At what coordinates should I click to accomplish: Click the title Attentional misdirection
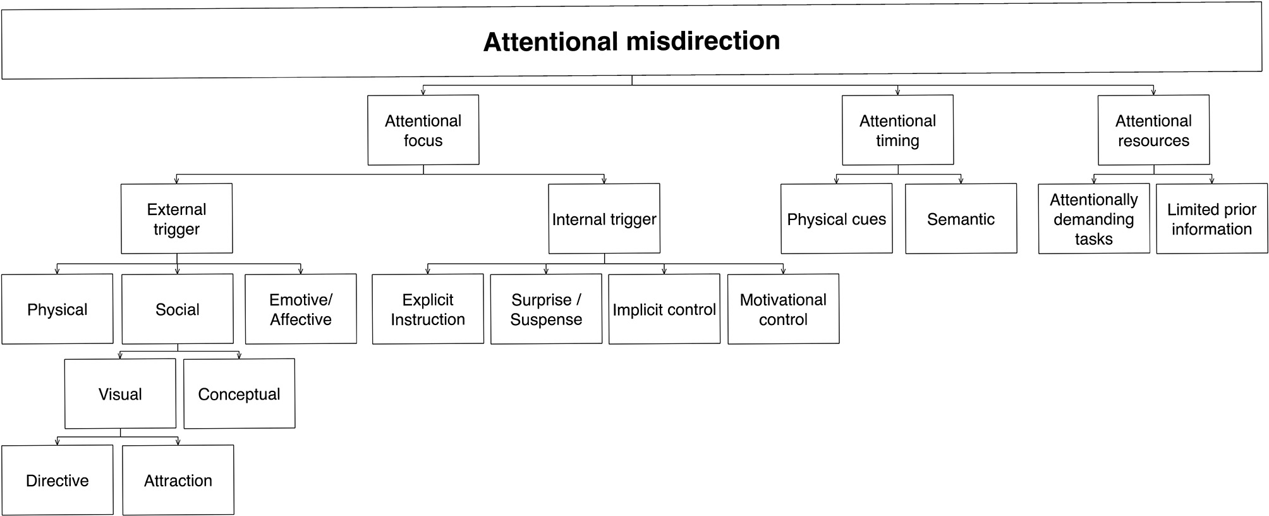point(632,42)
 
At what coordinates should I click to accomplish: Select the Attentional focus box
point(423,130)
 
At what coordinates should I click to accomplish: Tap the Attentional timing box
point(897,130)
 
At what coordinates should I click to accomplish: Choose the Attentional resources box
point(1153,130)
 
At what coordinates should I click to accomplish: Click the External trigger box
point(177,219)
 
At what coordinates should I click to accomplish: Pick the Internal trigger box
point(604,219)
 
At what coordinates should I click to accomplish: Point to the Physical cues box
point(837,219)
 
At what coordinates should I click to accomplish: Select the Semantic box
point(961,219)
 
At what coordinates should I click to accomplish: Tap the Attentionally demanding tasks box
point(1094,219)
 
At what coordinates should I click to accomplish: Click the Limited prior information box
point(1211,219)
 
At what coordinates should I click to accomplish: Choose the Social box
point(178,309)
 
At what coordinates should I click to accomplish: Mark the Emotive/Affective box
point(301,309)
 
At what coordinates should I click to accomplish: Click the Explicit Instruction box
point(428,309)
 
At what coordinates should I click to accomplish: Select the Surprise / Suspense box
point(546,309)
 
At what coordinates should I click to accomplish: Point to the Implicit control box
point(664,309)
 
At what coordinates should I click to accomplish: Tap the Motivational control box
point(783,309)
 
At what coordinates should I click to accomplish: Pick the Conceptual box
point(239,394)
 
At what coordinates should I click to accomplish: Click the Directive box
point(58,481)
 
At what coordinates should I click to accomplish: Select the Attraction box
point(178,481)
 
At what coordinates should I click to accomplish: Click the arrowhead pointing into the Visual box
point(120,356)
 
